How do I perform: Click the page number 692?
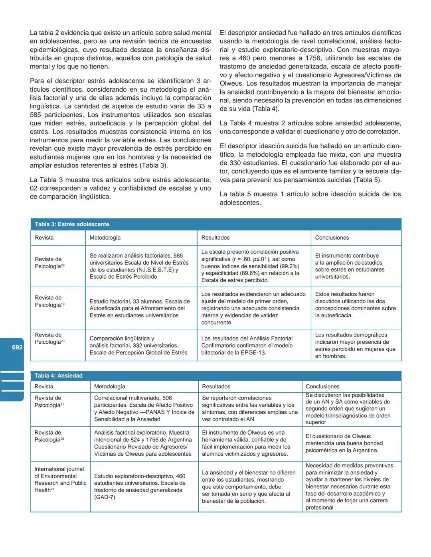tap(17, 347)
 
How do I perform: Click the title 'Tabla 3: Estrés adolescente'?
tap(72, 224)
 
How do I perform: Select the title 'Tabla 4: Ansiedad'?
tap(58, 376)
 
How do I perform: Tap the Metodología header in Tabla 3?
tap(105, 238)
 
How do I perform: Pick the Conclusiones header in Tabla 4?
tap(322, 386)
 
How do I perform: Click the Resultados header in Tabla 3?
tap(215, 238)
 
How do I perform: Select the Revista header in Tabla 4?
tap(43, 386)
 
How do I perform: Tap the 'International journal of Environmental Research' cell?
tap(60, 479)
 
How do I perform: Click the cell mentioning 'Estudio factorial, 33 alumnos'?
tap(140, 308)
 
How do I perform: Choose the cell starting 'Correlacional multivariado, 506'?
tap(144, 408)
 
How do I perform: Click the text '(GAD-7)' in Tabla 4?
tap(105, 497)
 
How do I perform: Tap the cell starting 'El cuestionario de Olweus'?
tap(344, 443)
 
